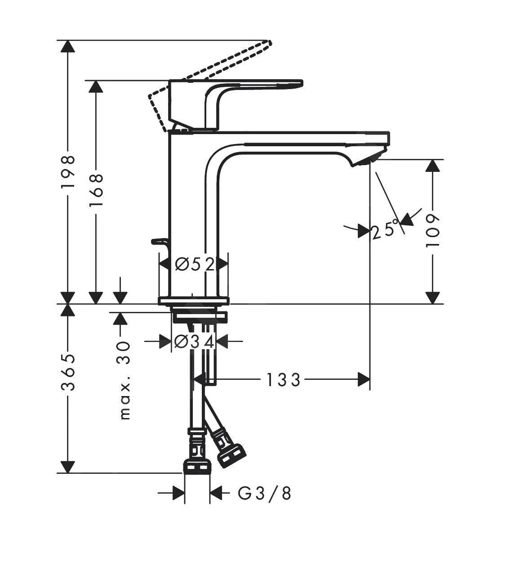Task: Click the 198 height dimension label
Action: click(68, 172)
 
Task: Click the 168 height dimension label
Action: click(96, 189)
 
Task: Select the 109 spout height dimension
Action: click(432, 230)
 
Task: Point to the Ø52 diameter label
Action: click(194, 265)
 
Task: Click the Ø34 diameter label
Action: click(194, 342)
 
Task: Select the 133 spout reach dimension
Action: click(283, 380)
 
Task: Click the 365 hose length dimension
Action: click(68, 373)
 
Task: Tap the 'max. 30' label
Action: click(124, 381)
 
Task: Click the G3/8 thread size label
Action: click(264, 494)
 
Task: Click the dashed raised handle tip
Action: click(269, 43)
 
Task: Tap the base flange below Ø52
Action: click(194, 301)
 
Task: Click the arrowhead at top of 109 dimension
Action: click(432, 166)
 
